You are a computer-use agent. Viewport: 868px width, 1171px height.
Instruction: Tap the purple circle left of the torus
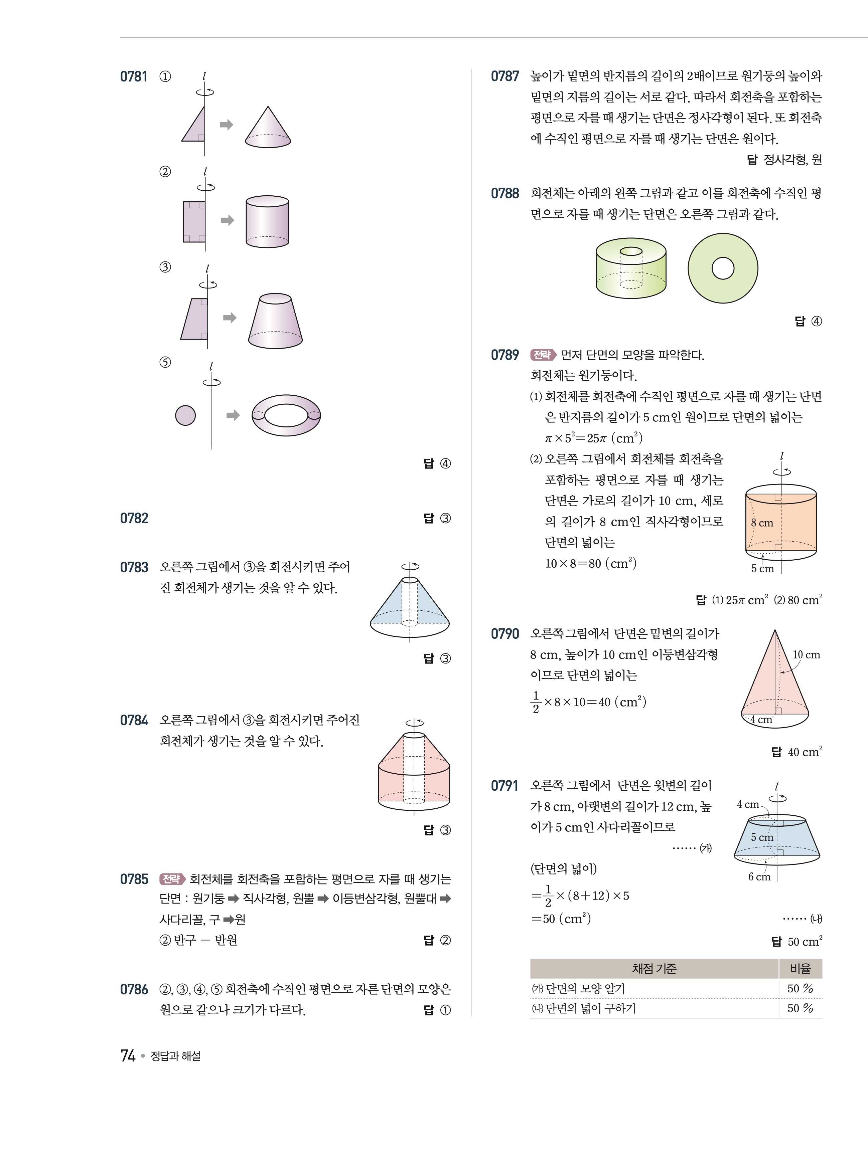(x=185, y=415)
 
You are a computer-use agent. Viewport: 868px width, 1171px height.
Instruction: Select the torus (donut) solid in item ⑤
(x=286, y=415)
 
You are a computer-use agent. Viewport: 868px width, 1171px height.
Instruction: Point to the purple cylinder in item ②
(x=267, y=222)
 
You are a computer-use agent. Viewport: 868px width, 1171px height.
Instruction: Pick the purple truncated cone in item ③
(x=275, y=321)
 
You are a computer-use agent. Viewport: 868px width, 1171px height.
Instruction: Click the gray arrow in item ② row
(x=227, y=220)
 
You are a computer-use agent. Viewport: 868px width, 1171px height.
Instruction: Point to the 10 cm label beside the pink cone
(x=806, y=655)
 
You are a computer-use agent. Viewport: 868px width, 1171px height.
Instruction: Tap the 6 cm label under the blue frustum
(x=759, y=877)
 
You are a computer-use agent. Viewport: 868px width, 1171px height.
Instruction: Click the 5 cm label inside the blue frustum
(x=761, y=837)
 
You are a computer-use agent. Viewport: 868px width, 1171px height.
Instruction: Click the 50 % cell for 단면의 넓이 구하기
(x=800, y=1008)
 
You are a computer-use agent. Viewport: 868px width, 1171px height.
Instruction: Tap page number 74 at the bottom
(x=128, y=1055)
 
